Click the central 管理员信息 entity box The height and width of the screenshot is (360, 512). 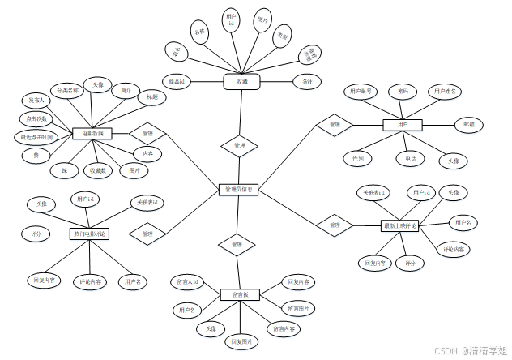pyautogui.click(x=238, y=190)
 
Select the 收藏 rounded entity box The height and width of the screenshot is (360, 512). pyautogui.click(x=241, y=82)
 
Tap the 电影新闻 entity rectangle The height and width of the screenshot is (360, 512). pyautogui.click(x=92, y=132)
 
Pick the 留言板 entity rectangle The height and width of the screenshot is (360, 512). pyautogui.click(x=240, y=294)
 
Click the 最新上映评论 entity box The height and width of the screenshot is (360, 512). pyautogui.click(x=399, y=225)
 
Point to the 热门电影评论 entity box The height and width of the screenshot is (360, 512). pyautogui.click(x=89, y=234)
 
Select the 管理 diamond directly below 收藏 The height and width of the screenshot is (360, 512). pyautogui.click(x=239, y=146)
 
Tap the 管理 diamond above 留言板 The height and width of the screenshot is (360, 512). pyautogui.click(x=237, y=244)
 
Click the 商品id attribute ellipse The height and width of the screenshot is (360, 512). pyautogui.click(x=177, y=82)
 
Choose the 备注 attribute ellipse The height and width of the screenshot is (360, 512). pyautogui.click(x=307, y=82)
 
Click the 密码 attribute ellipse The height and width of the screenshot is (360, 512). pyautogui.click(x=402, y=92)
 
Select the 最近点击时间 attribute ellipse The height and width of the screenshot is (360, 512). pyautogui.click(x=37, y=137)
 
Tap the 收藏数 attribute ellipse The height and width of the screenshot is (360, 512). pyautogui.click(x=98, y=171)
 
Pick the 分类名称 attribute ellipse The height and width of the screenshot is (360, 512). pyautogui.click(x=65, y=90)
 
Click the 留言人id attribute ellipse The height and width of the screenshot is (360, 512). pyautogui.click(x=187, y=281)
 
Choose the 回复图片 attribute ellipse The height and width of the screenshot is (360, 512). pyautogui.click(x=241, y=341)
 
